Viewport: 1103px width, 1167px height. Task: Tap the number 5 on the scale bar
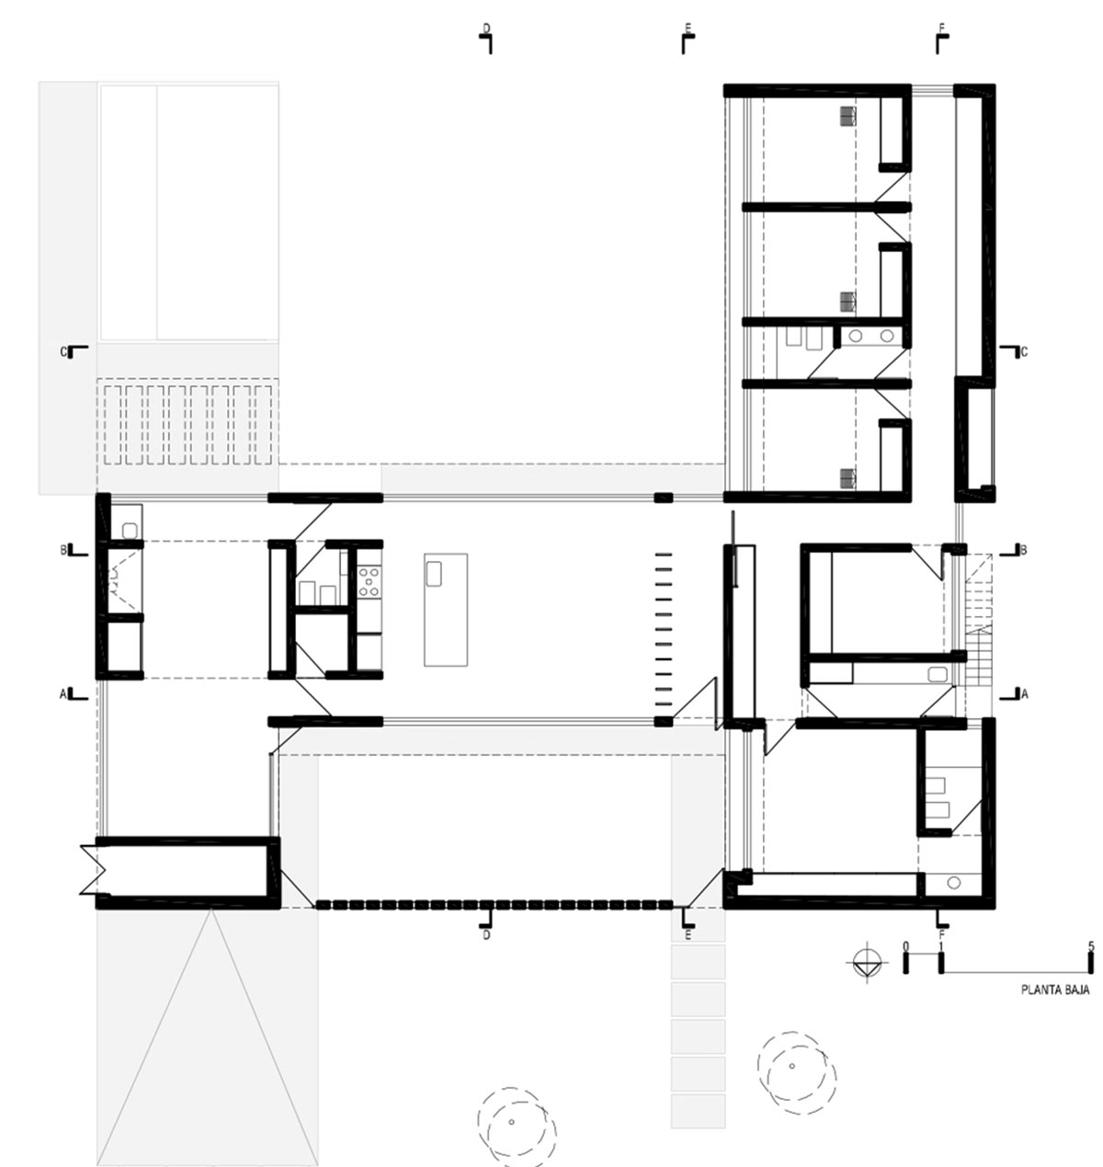(1089, 945)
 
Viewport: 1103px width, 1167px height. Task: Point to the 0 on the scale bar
(905, 945)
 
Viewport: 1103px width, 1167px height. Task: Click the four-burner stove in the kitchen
(370, 582)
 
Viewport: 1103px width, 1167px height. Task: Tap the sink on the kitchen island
(434, 574)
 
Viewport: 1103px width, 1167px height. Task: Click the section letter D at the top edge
(486, 28)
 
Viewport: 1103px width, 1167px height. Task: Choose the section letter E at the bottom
(688, 935)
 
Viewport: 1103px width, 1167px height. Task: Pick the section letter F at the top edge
(941, 28)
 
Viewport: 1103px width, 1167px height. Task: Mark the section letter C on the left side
(63, 352)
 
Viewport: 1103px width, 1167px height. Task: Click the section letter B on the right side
(1024, 550)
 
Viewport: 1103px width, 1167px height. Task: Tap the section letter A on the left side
(63, 693)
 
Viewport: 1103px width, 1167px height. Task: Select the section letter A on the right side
(1024, 693)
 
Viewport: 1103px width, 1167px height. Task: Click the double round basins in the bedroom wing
(871, 336)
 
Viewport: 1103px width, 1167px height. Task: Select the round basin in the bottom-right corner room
(953, 883)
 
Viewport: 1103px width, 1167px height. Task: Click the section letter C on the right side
(1024, 352)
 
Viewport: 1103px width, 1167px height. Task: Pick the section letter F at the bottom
(942, 935)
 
